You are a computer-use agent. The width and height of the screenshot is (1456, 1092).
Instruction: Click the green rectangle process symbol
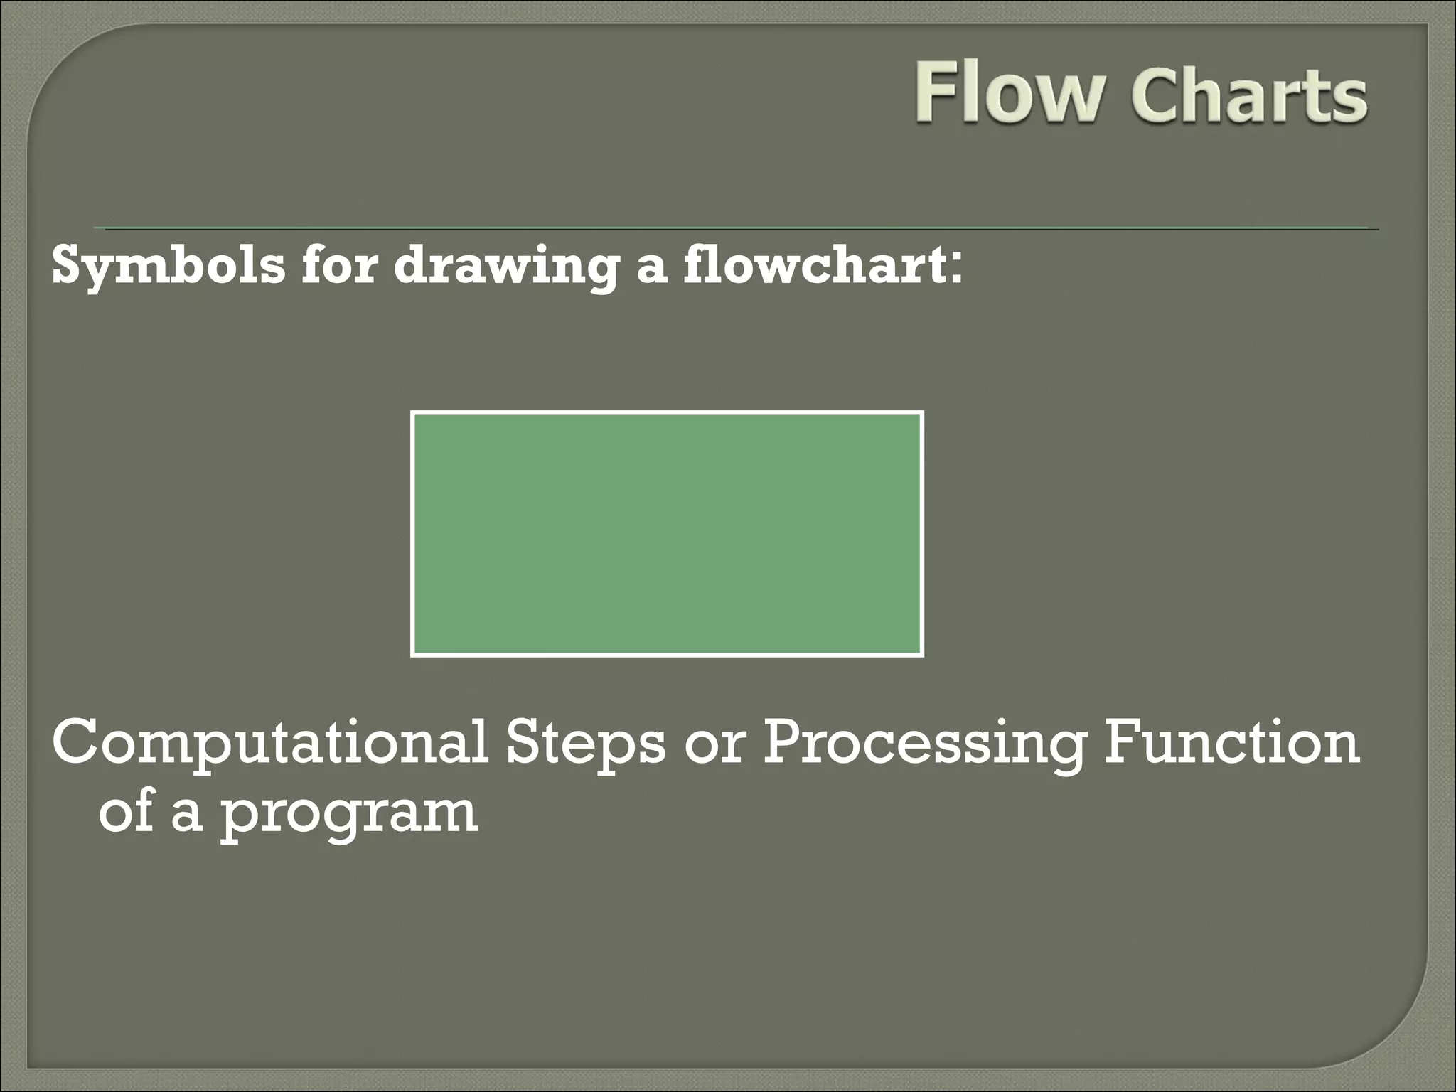pyautogui.click(x=667, y=533)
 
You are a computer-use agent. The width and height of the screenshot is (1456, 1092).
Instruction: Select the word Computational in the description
pyautogui.click(x=270, y=744)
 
